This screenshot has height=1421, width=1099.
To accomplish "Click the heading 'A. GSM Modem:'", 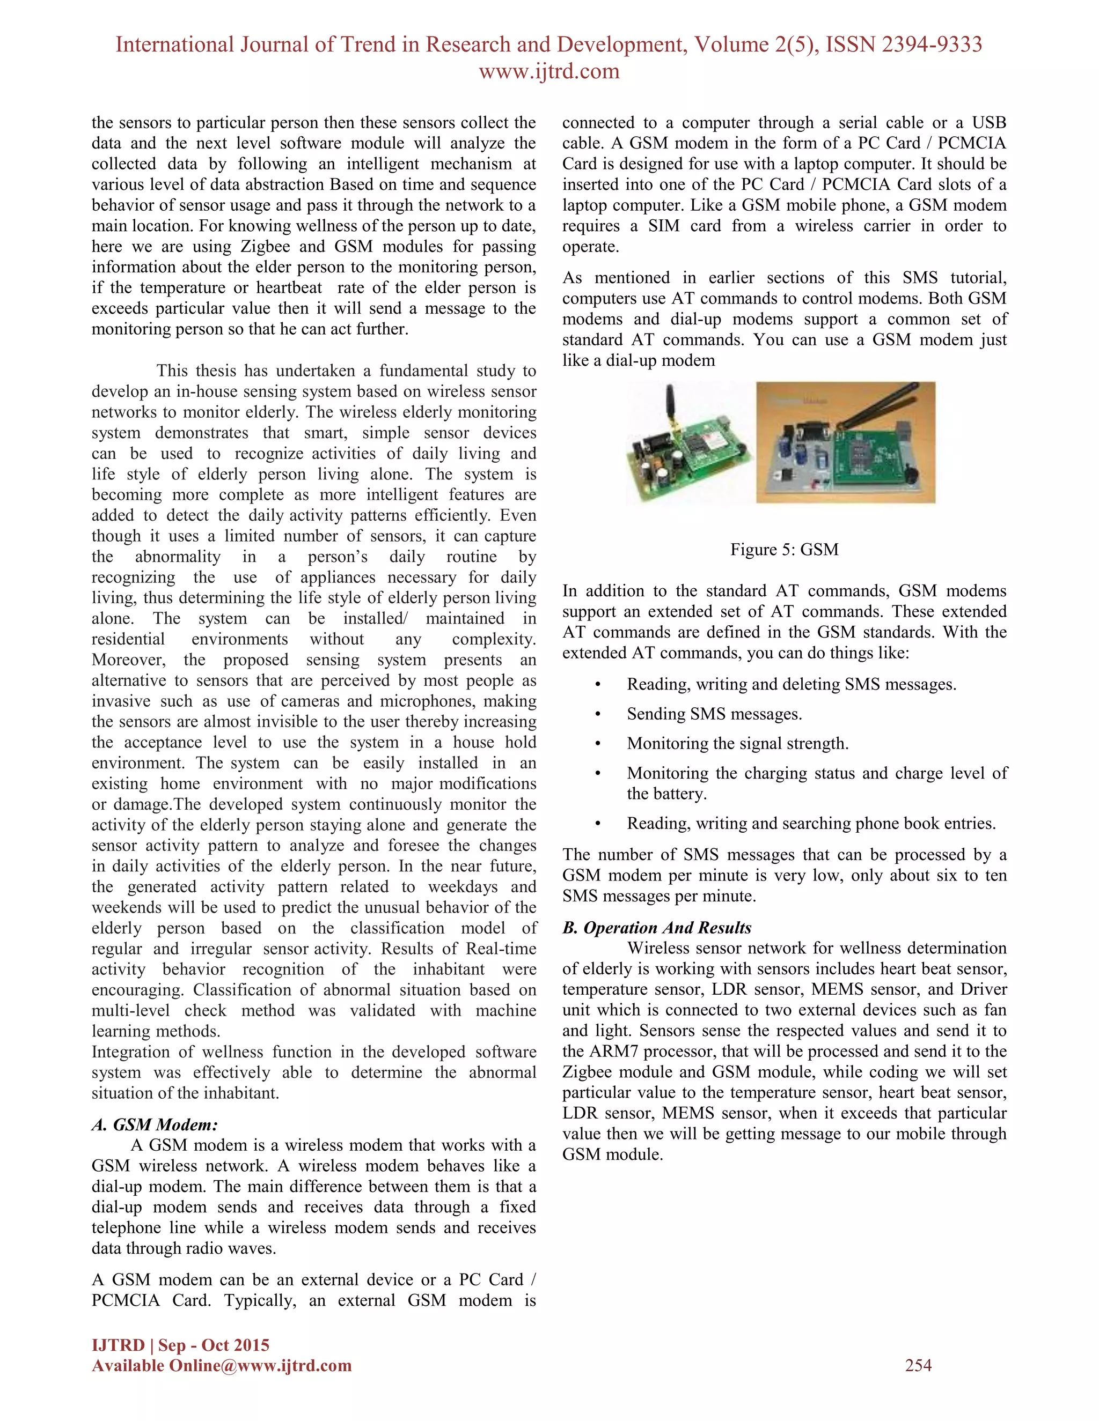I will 155,1124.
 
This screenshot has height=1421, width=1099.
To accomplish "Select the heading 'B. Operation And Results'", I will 656,927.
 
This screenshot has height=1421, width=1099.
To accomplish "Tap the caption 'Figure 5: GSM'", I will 784,549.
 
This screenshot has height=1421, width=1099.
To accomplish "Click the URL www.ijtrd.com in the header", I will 549,71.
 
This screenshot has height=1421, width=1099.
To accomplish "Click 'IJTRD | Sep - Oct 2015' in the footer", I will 180,1345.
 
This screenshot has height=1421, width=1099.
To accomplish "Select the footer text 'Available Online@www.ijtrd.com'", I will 222,1365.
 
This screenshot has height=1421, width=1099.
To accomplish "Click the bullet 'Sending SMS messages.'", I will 714,714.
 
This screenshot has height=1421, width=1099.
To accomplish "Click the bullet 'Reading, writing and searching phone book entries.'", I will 811,823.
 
